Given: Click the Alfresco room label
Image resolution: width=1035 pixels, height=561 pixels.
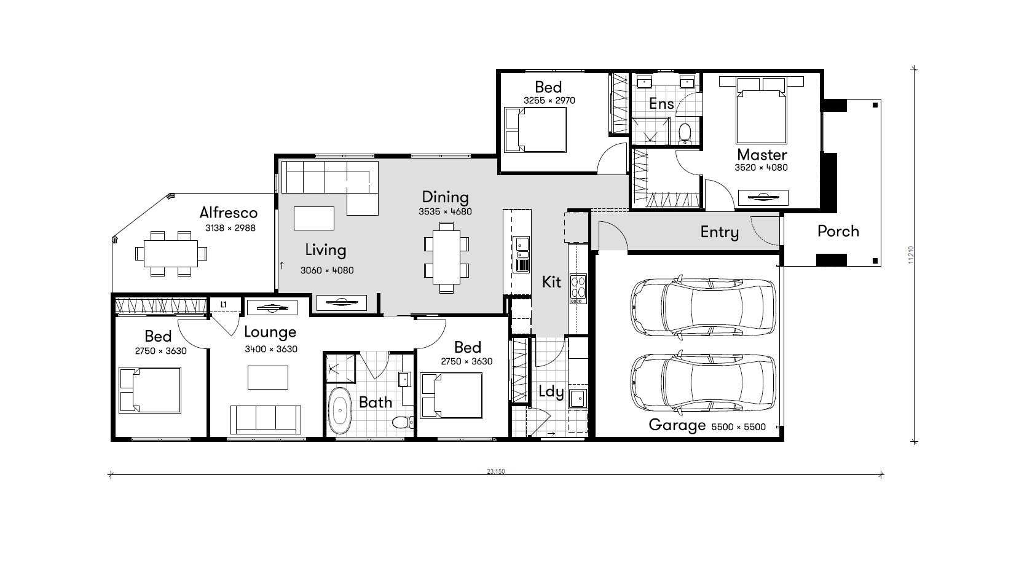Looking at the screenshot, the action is click(228, 213).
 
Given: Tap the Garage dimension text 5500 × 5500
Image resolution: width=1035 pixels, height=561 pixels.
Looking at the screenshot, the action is click(738, 427).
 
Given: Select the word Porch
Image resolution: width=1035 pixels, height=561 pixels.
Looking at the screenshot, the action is click(838, 231).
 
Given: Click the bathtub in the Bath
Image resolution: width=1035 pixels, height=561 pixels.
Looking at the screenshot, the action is click(340, 410).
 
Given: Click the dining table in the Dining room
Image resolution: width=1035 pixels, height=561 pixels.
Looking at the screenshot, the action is click(446, 257).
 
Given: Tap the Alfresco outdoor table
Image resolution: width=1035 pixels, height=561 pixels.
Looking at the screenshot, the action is click(170, 253).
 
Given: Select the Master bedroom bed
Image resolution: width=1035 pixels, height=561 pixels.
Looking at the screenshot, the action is click(761, 111).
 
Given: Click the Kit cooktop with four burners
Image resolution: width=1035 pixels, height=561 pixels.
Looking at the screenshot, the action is click(578, 289).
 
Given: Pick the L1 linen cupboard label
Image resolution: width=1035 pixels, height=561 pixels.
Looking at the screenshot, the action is click(224, 305).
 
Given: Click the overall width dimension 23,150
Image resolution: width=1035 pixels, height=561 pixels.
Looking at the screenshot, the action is click(496, 471).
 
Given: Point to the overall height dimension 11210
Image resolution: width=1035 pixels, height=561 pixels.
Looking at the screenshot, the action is click(911, 255).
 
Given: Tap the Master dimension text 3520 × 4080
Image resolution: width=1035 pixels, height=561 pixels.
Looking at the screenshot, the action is click(761, 168).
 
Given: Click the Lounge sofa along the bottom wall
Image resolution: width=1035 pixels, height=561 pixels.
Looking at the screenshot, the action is click(266, 420).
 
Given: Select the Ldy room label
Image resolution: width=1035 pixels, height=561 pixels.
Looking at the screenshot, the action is click(551, 392).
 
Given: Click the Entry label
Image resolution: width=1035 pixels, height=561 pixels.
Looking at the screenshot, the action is click(720, 232).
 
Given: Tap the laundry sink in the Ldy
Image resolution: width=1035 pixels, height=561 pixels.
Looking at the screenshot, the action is click(577, 398).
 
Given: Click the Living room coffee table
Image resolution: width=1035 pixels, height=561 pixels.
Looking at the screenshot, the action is click(313, 218).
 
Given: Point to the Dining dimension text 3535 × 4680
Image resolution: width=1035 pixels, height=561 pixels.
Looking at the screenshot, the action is click(445, 211).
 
